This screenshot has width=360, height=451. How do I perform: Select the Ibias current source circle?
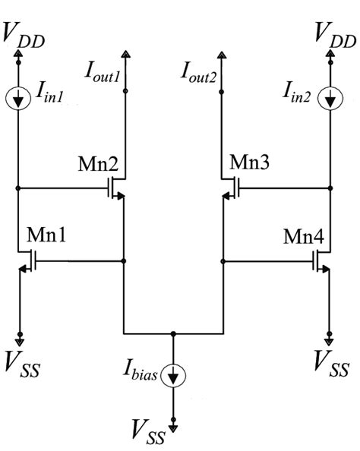173,374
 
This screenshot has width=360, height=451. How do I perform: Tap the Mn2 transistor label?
97,163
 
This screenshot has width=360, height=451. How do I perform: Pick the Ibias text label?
143,374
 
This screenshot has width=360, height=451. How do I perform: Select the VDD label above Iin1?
25,34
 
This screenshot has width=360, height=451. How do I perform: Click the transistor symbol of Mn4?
321,262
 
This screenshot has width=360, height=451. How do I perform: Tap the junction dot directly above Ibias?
173,333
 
